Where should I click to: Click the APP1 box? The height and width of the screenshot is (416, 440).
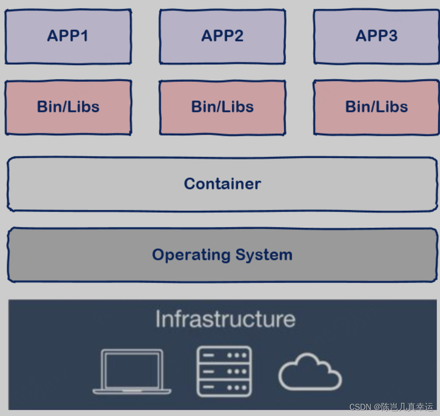(x=68, y=37)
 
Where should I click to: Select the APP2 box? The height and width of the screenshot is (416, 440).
(x=222, y=37)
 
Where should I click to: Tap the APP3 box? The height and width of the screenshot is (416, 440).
(x=376, y=37)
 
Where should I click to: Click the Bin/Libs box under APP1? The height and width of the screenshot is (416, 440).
(x=68, y=107)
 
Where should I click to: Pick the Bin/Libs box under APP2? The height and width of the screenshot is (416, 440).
(x=222, y=107)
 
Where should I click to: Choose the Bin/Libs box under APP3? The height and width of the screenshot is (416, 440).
(x=376, y=107)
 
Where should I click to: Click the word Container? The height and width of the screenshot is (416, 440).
(x=222, y=184)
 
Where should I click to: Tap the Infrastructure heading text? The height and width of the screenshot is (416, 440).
(x=225, y=319)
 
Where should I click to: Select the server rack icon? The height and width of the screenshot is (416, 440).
(x=224, y=371)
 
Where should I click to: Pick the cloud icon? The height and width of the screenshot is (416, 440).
(x=310, y=372)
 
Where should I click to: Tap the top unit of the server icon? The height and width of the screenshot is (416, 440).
(x=224, y=356)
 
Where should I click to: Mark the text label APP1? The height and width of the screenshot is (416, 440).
(x=68, y=36)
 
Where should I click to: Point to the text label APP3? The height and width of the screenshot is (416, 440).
(x=376, y=36)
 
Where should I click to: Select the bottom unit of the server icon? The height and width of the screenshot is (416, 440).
(x=224, y=388)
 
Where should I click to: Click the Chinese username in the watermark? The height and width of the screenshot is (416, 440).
(x=407, y=407)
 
